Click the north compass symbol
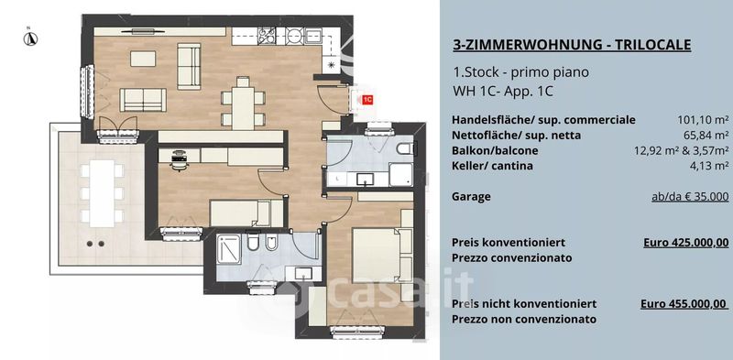[30, 38]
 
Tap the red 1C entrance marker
[367, 100]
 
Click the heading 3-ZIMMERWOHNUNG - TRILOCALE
[572, 45]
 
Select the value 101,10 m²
[703, 120]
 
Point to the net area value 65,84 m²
[706, 136]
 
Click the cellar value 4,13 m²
[708, 166]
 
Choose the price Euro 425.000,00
[685, 243]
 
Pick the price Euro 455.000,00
[684, 304]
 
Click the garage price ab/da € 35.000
[690, 197]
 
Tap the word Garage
[471, 197]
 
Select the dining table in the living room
[243, 108]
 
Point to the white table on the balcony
[102, 193]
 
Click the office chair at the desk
[180, 160]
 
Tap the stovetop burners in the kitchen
[268, 36]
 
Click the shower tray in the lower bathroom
[229, 249]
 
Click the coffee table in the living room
[143, 59]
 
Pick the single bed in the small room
[246, 213]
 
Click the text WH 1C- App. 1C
[502, 92]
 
